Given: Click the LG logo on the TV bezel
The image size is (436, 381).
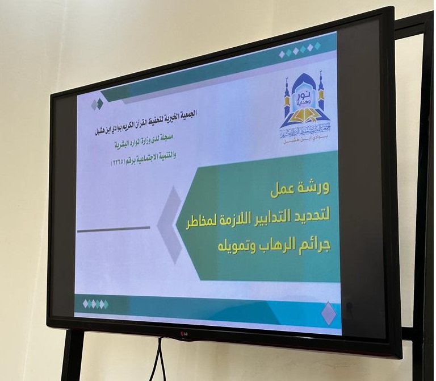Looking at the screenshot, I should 185,333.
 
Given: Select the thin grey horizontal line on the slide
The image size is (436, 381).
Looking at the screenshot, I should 113,229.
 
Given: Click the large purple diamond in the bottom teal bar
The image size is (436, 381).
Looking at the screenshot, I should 328,313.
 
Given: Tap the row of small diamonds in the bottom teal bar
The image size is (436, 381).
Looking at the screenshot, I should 95,304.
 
